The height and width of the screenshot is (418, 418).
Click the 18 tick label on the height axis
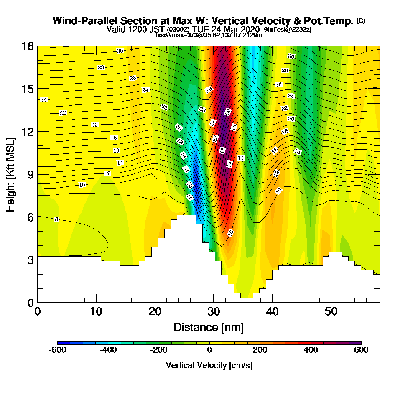[28, 46]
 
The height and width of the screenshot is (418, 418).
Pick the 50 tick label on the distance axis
[331, 311]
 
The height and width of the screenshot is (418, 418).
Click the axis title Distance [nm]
[209, 326]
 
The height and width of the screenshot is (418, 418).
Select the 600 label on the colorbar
[361, 350]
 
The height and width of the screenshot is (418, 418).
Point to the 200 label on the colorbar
[260, 350]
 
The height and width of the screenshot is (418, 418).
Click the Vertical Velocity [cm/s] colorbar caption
[209, 365]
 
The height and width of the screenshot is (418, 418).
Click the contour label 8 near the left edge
[56, 219]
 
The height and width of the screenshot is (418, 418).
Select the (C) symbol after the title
[361, 21]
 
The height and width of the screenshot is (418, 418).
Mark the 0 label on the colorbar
[209, 350]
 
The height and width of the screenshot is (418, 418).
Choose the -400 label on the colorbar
[108, 350]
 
